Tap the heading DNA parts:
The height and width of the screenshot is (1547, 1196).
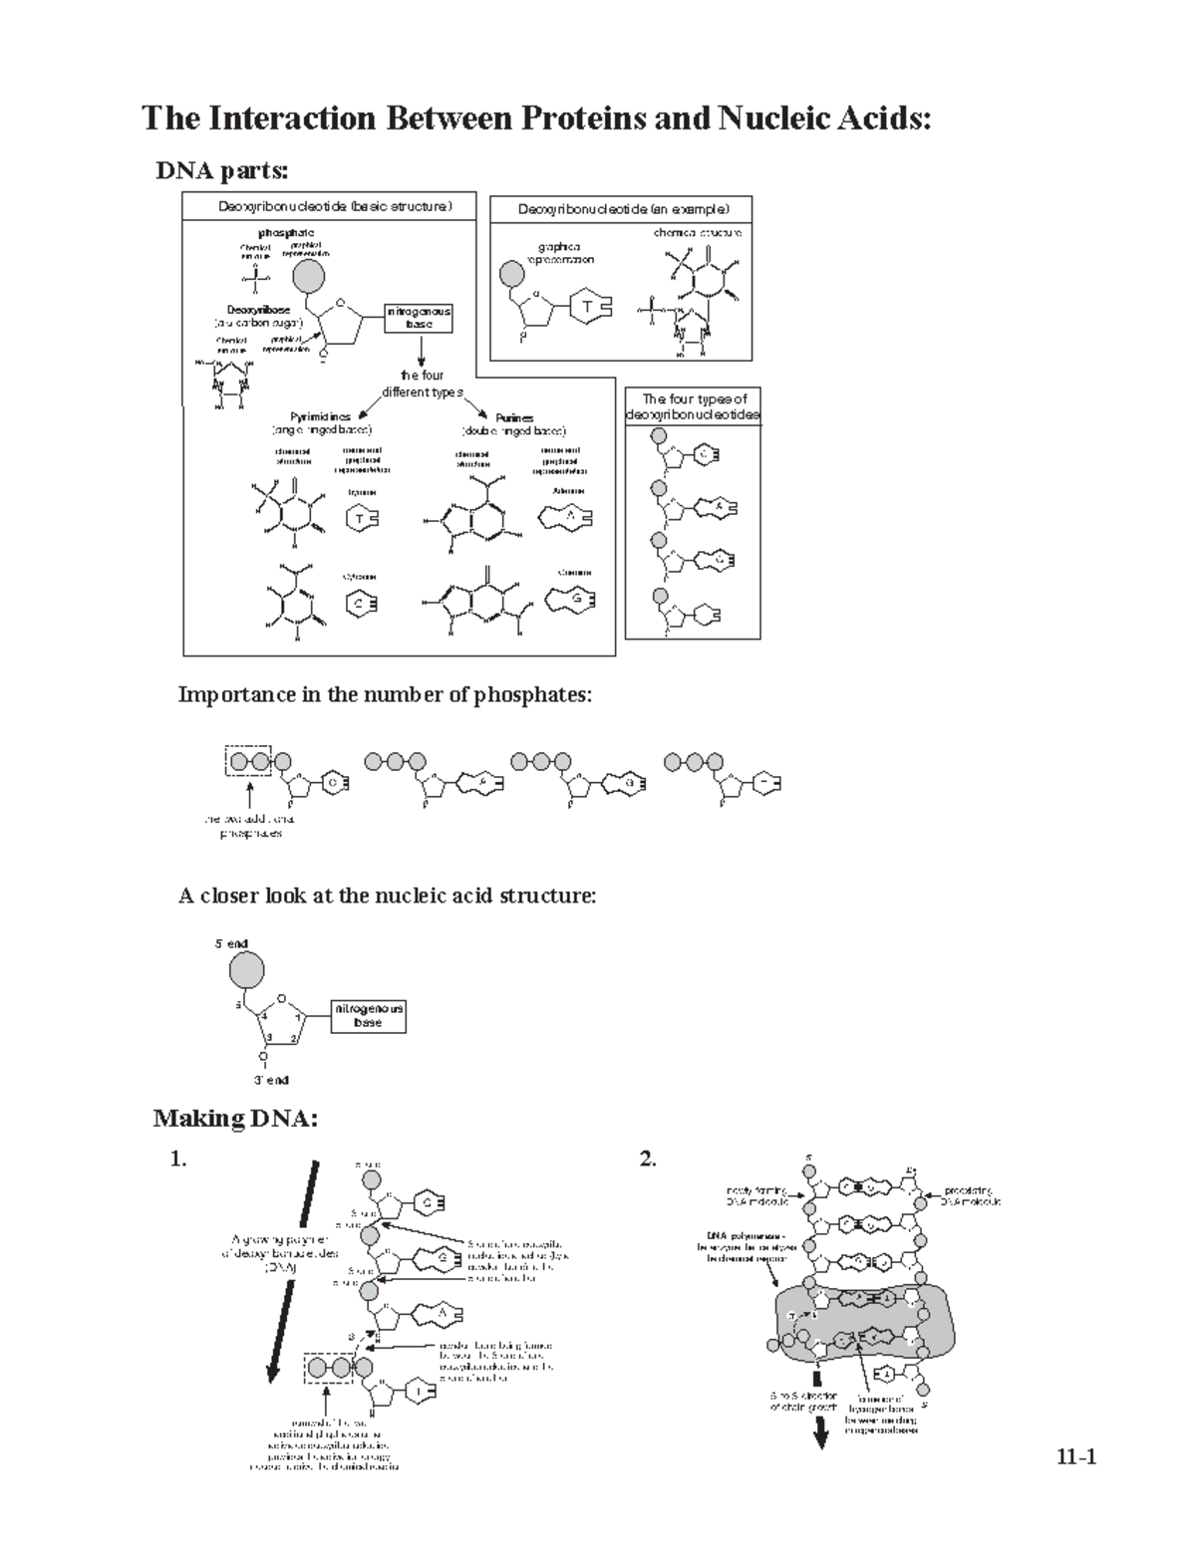[x=222, y=171]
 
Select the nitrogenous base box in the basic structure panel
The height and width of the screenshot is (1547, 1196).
[x=420, y=318]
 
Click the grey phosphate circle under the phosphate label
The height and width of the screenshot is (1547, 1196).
[x=308, y=276]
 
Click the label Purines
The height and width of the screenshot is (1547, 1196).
[x=514, y=418]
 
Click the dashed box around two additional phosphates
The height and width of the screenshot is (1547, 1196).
[x=248, y=762]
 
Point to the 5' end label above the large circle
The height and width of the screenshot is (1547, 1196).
[x=231, y=942]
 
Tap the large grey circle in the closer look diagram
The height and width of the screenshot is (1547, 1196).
[x=247, y=968]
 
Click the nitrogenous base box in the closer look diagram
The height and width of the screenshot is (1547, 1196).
[x=368, y=1015]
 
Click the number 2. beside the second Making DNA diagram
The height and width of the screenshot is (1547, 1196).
[x=648, y=1159]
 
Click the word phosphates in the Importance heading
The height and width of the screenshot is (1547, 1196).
[x=538, y=694]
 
